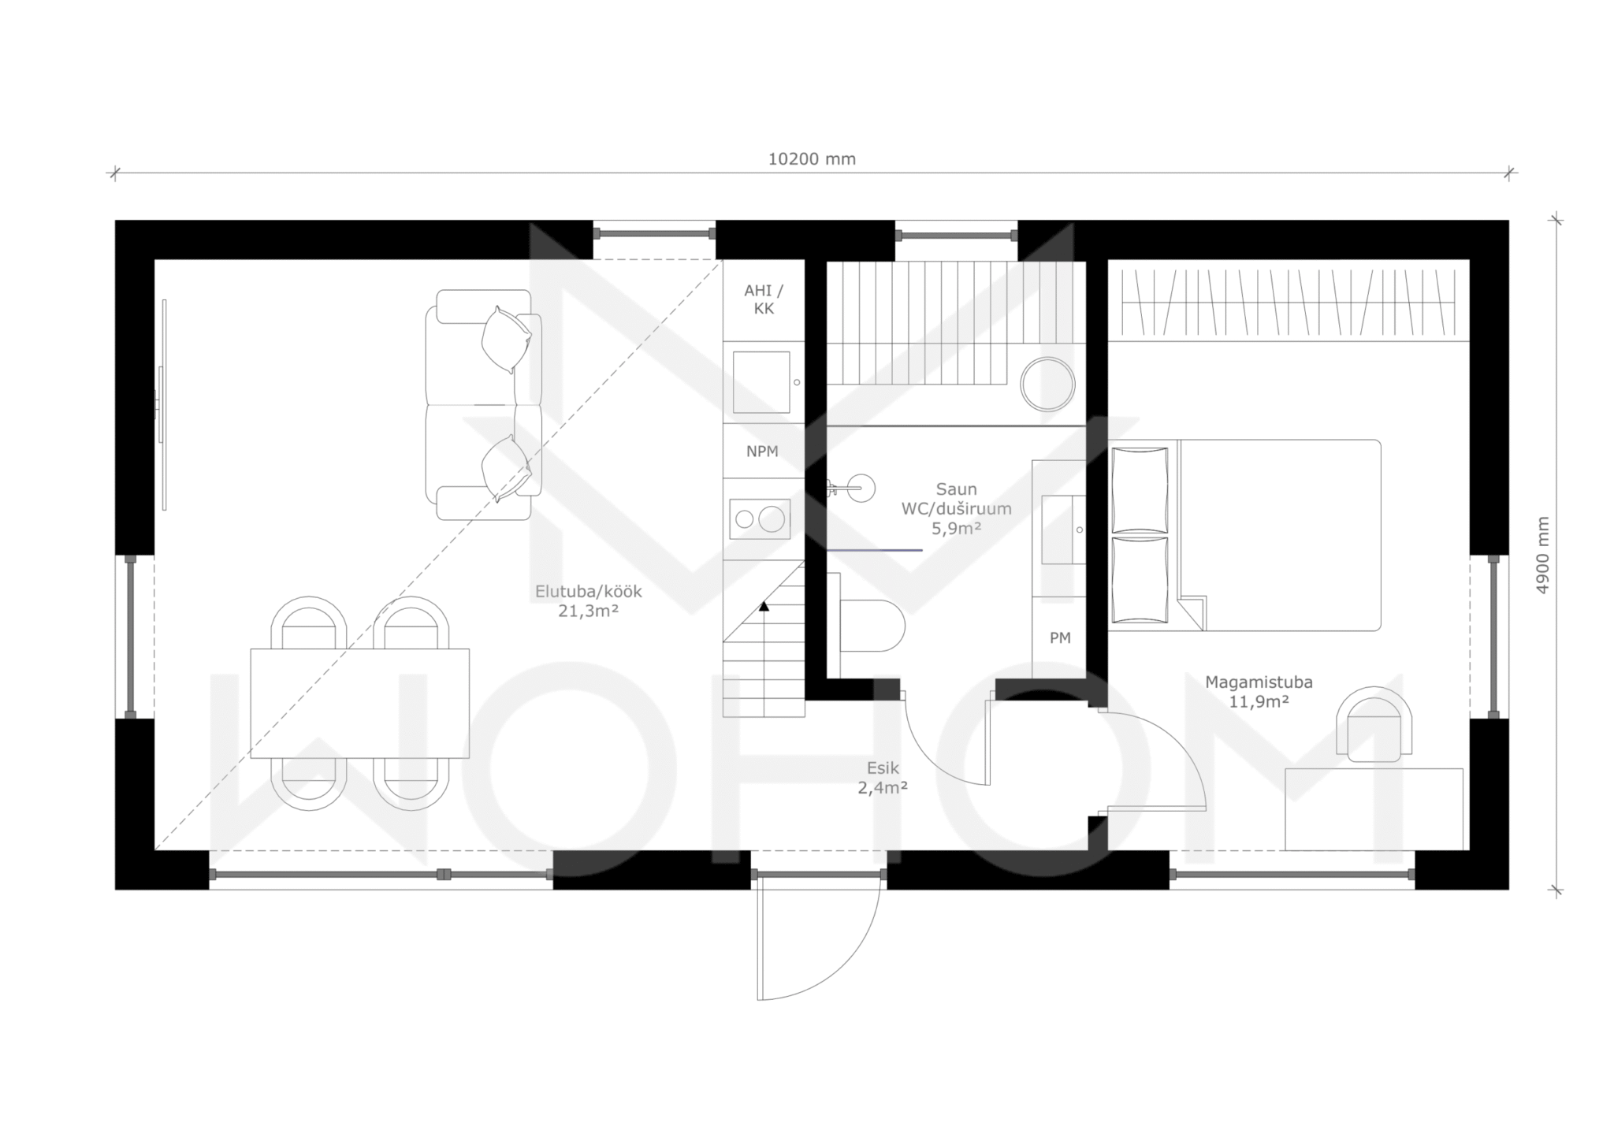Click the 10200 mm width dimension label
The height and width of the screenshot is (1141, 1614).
pyautogui.click(x=812, y=159)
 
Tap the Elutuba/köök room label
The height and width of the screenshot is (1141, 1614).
pyautogui.click(x=589, y=600)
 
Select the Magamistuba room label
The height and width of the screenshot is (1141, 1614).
pyautogui.click(x=1259, y=692)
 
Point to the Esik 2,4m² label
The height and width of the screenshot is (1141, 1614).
pyautogui.click(x=883, y=777)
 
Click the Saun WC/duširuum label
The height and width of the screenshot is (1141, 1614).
pyautogui.click(x=957, y=509)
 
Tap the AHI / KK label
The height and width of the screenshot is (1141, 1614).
pyautogui.click(x=764, y=299)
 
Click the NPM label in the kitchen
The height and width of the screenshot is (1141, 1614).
pyautogui.click(x=762, y=452)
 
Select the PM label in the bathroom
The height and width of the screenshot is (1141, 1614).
pyautogui.click(x=1060, y=638)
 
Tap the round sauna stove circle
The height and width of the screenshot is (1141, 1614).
pyautogui.click(x=1047, y=385)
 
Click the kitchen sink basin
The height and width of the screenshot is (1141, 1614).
pyautogui.click(x=761, y=382)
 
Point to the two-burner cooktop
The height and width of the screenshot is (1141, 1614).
pyautogui.click(x=760, y=518)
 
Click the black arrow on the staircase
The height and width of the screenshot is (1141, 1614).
pyautogui.click(x=764, y=606)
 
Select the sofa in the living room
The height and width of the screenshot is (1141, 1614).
pyautogui.click(x=484, y=404)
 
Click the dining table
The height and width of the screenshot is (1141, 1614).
pyautogui.click(x=360, y=704)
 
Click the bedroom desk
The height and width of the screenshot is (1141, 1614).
pyautogui.click(x=1374, y=809)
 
